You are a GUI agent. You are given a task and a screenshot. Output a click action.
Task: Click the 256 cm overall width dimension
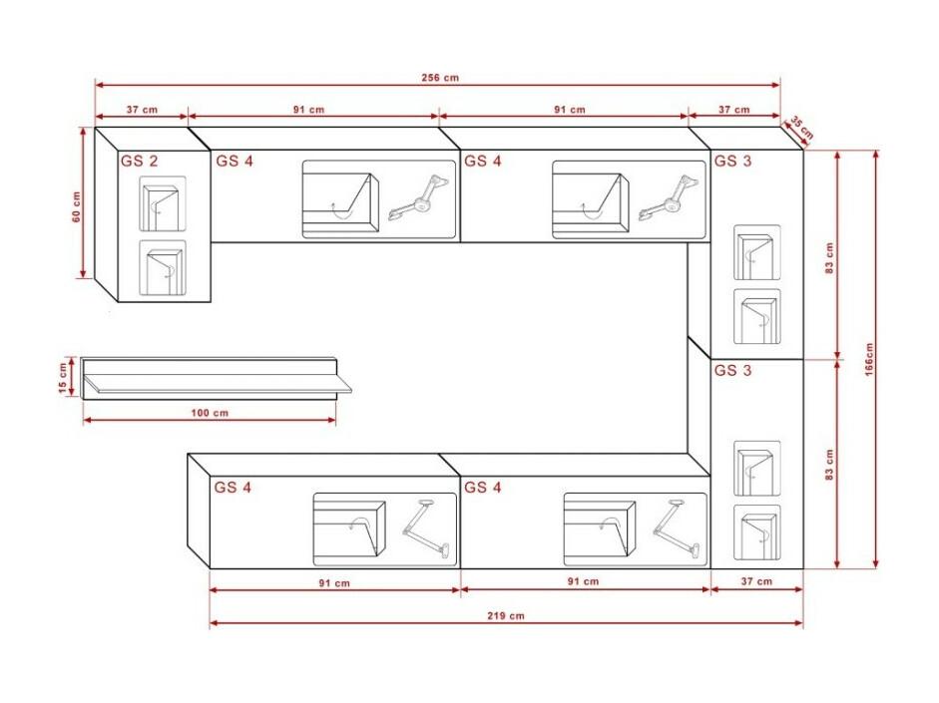pyautogui.click(x=440, y=78)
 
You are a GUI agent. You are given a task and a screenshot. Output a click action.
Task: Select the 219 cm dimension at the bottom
pyautogui.click(x=506, y=615)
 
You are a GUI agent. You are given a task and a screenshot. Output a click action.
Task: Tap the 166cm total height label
pyautogui.click(x=869, y=360)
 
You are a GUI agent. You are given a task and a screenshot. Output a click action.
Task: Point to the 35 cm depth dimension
pyautogui.click(x=801, y=128)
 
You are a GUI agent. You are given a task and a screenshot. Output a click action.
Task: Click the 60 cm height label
pyautogui.click(x=77, y=207)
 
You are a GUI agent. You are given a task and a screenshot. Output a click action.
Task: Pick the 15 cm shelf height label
pyautogui.click(x=63, y=379)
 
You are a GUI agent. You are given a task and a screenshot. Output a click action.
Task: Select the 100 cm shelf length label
pyautogui.click(x=210, y=413)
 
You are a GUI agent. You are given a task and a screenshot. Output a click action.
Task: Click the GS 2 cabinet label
pyautogui.click(x=139, y=161)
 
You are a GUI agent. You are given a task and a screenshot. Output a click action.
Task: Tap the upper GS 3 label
pyautogui.click(x=733, y=161)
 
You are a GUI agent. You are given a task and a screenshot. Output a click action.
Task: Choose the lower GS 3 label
pyautogui.click(x=733, y=370)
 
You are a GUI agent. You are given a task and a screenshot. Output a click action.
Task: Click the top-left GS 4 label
pyautogui.click(x=235, y=161)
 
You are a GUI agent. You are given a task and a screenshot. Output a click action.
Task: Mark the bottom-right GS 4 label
pyautogui.click(x=483, y=488)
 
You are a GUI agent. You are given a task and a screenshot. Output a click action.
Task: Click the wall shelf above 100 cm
pyautogui.click(x=217, y=377)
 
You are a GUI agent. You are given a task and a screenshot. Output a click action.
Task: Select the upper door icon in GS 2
pyautogui.click(x=163, y=204)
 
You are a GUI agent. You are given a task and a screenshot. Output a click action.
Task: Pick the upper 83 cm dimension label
pyautogui.click(x=829, y=258)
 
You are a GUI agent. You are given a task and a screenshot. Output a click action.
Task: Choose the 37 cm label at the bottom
pyautogui.click(x=756, y=581)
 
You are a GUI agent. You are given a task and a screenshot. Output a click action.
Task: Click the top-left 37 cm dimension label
pyautogui.click(x=142, y=110)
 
